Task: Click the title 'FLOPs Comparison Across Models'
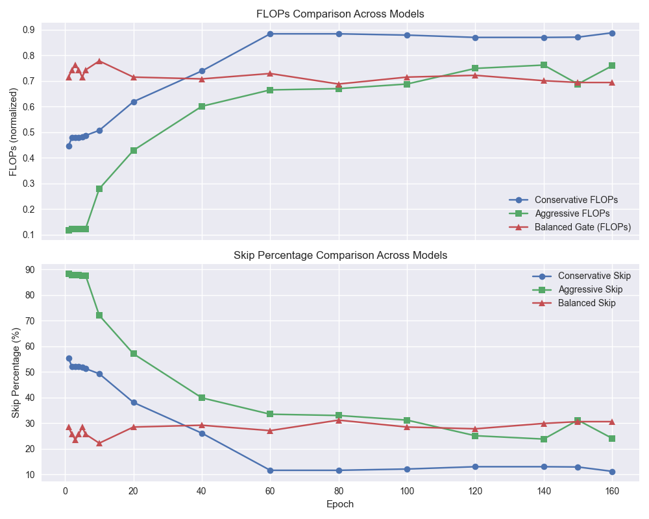pyautogui.click(x=340, y=14)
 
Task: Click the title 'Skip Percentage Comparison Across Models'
pyautogui.click(x=340, y=255)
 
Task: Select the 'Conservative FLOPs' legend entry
pyautogui.click(x=576, y=199)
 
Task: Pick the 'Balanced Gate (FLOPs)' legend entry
pyautogui.click(x=582, y=226)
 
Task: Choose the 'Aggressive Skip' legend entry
pyautogui.click(x=590, y=289)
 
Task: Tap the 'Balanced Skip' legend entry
pyautogui.click(x=587, y=303)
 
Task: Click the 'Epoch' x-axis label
pyautogui.click(x=340, y=503)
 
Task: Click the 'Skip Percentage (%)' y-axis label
pyautogui.click(x=16, y=372)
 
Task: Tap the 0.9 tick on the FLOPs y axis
pyautogui.click(x=29, y=30)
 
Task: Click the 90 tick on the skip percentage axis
pyautogui.click(x=31, y=270)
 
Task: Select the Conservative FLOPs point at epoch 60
pyautogui.click(x=270, y=34)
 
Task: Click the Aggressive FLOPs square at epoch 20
pyautogui.click(x=134, y=151)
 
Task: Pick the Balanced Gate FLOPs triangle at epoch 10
pyautogui.click(x=99, y=61)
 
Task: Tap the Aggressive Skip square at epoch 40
pyautogui.click(x=202, y=398)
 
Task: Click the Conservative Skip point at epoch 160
pyautogui.click(x=612, y=472)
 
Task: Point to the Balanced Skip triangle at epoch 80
pyautogui.click(x=339, y=420)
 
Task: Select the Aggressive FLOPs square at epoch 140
pyautogui.click(x=544, y=65)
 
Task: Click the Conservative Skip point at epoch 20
pyautogui.click(x=134, y=402)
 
